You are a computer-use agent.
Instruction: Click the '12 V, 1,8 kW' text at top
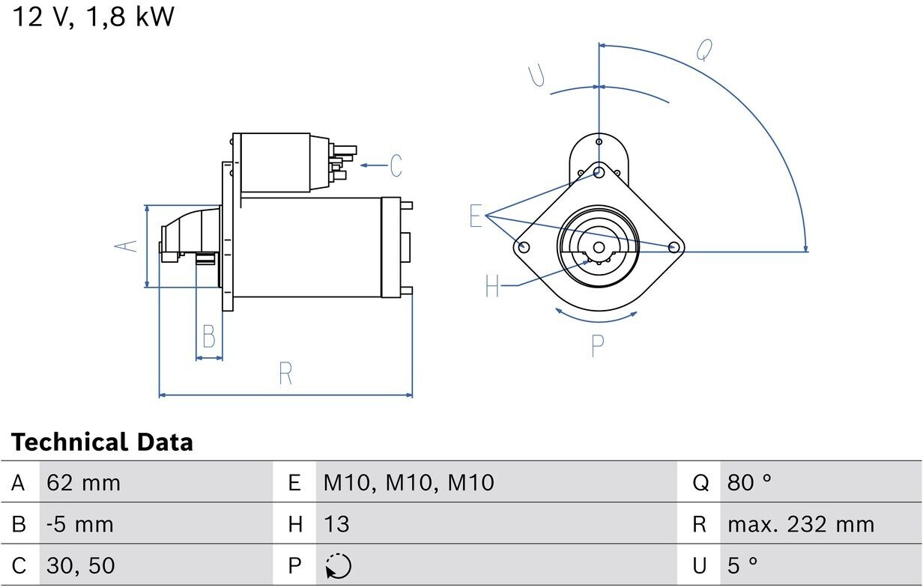point(94,17)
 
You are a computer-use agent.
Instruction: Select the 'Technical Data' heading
point(102,442)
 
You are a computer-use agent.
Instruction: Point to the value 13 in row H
point(336,524)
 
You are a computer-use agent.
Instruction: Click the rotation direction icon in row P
point(338,566)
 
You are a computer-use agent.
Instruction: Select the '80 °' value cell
point(748,482)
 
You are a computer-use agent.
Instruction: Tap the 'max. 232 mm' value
point(801,524)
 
